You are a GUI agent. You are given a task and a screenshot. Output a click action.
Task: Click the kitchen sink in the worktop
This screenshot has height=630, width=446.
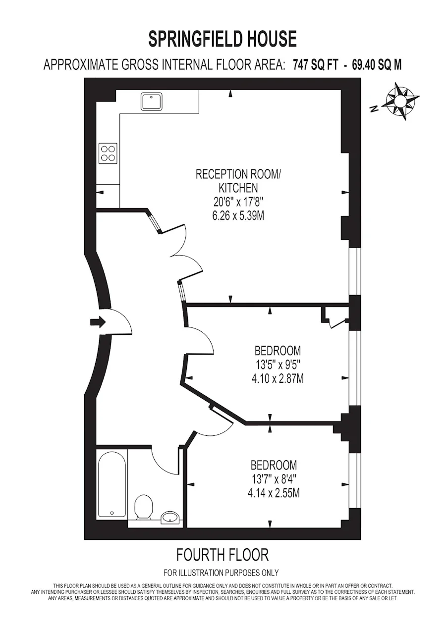point(151,102)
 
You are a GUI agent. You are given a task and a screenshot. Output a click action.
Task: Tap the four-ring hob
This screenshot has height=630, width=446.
point(108,154)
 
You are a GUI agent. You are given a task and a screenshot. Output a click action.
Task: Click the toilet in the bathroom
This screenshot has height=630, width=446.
point(144,507)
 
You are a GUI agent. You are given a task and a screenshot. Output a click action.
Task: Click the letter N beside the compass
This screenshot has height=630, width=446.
point(374,108)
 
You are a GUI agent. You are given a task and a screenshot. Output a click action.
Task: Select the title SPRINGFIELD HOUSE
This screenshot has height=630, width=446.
point(223,39)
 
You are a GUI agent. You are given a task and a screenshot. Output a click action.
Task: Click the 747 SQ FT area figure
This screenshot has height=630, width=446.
point(315,65)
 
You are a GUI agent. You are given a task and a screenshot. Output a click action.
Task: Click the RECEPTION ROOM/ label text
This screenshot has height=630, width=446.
point(238,174)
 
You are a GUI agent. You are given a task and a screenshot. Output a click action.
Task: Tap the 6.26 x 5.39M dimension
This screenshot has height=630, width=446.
point(238,216)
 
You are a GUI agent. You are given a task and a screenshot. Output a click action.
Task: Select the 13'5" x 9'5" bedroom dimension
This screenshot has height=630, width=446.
point(278,365)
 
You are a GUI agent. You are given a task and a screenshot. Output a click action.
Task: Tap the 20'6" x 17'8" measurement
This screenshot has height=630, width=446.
point(238,202)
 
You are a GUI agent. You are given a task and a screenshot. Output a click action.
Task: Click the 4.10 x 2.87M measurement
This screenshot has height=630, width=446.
point(278,379)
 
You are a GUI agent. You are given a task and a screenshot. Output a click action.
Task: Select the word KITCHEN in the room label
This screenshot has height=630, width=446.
point(238,188)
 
